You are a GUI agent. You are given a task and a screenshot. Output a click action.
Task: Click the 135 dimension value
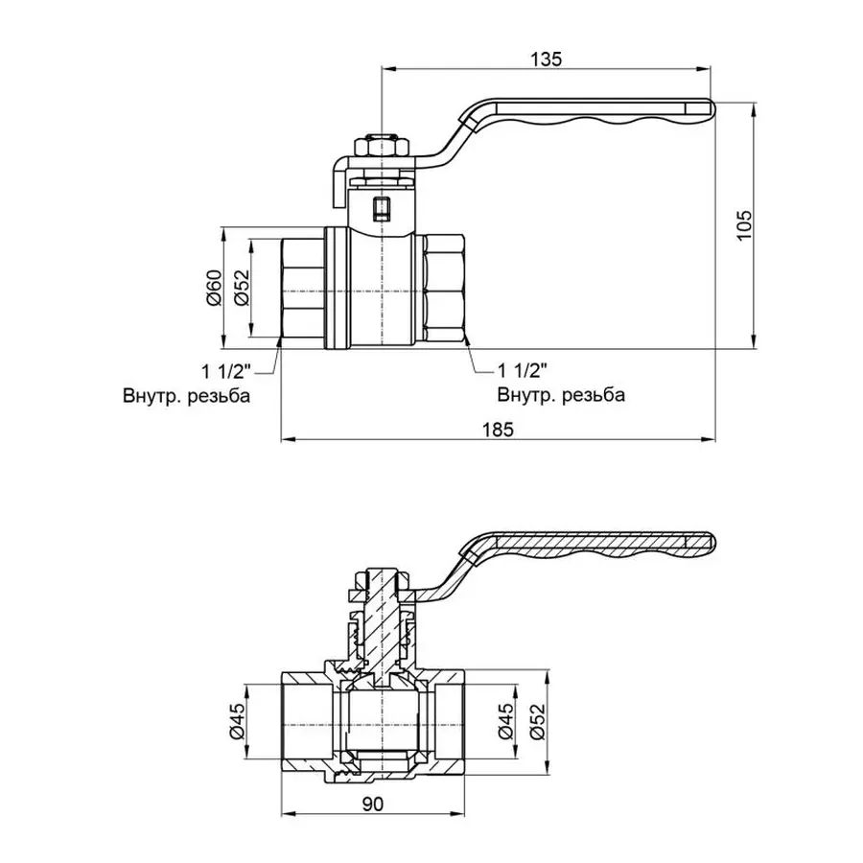(545, 58)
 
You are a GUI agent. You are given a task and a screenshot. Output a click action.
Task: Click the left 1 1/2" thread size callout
(225, 371)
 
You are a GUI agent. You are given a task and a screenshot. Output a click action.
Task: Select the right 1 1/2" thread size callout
(523, 371)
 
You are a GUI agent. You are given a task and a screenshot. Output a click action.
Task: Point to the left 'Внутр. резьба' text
(185, 395)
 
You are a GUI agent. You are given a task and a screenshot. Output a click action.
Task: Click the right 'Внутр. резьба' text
(561, 395)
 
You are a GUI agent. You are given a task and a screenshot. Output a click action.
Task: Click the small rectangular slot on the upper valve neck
(382, 207)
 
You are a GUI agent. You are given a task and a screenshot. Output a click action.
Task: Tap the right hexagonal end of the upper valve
(445, 288)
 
